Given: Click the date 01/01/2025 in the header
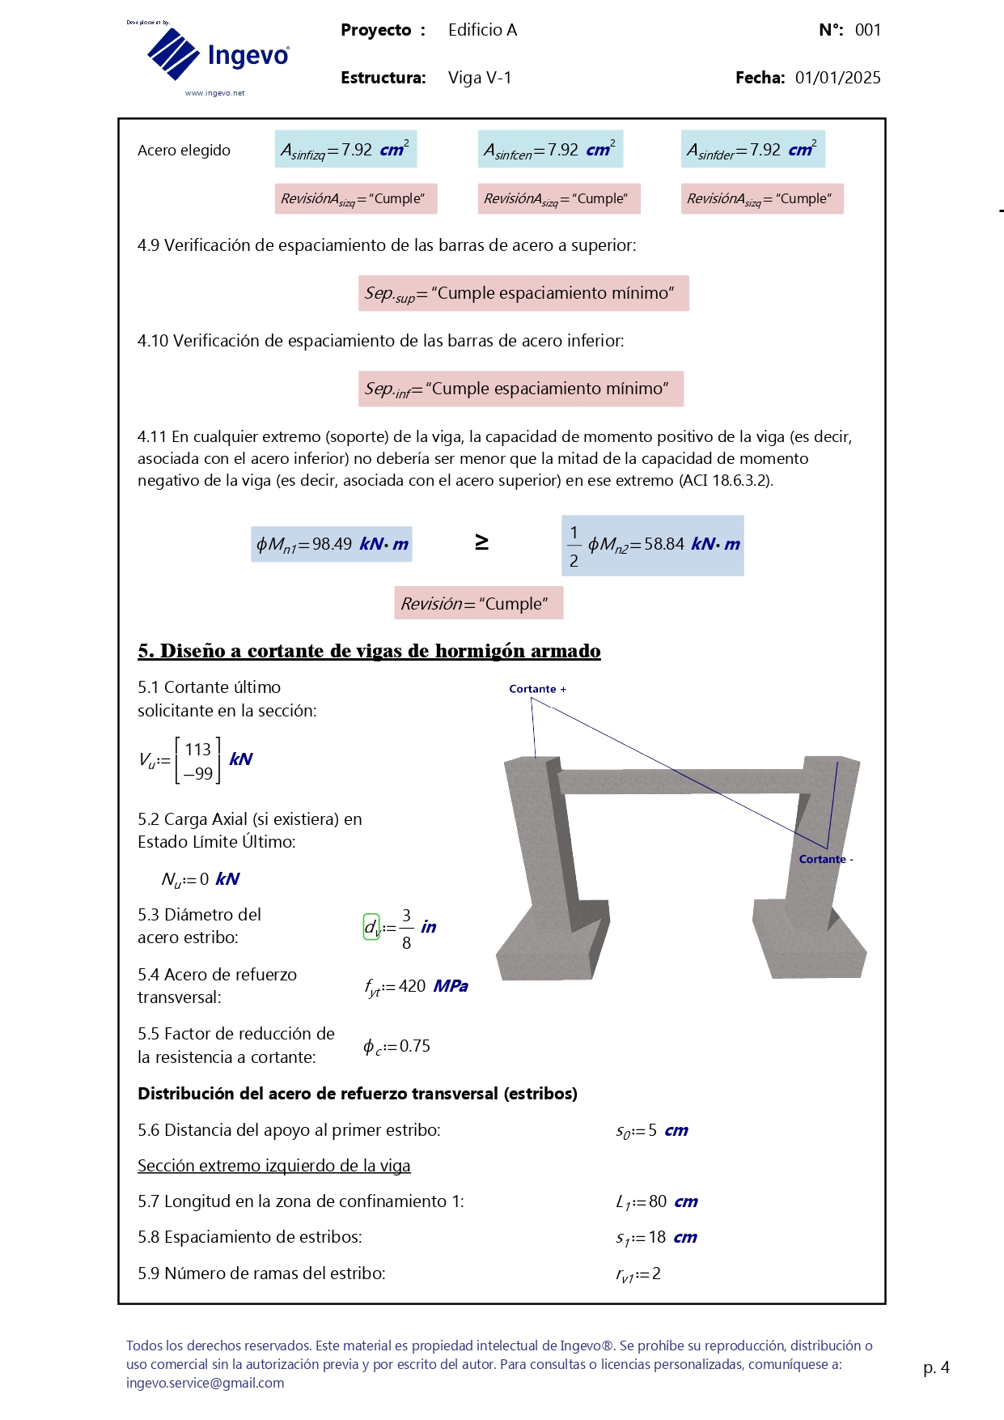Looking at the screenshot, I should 837,78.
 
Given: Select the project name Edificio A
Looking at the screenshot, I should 482,30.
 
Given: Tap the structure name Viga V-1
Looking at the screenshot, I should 480,78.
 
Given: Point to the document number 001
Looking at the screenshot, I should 867,30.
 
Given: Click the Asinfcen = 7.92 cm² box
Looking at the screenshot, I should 550,150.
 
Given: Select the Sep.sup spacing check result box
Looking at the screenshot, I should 523,293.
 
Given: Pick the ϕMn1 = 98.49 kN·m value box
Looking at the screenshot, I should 332,544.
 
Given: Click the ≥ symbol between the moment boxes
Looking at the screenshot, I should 481,542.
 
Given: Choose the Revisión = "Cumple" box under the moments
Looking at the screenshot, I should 478,604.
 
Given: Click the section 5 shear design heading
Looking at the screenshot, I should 369,651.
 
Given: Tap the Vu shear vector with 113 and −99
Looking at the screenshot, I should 197,760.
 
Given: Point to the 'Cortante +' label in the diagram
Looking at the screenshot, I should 537,689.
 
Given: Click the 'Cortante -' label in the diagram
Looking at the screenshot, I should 825,859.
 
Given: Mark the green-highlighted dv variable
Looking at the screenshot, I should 371,927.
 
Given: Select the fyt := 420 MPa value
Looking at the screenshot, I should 416,986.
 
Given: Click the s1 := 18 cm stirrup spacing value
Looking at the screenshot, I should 656,1238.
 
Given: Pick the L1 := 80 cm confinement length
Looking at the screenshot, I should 656,1202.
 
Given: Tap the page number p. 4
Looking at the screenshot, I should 936,1367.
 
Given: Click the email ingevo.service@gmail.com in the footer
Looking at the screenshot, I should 205,1383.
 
